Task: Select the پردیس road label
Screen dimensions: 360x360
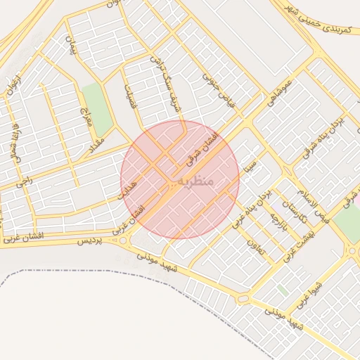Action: [x=89, y=241]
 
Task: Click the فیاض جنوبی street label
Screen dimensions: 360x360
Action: [x=217, y=86]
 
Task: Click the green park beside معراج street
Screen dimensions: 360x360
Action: [x=97, y=110]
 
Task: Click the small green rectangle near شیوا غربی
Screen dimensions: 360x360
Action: [x=282, y=289]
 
